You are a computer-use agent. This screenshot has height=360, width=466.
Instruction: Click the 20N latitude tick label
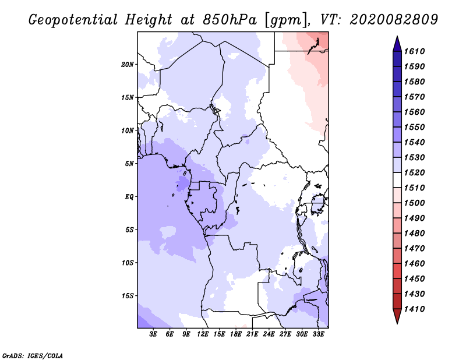(128, 64)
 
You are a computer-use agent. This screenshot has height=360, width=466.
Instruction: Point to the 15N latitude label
(128, 97)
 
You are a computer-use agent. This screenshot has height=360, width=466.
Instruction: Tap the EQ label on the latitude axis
(129, 197)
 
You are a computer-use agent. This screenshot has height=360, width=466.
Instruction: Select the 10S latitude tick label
(128, 263)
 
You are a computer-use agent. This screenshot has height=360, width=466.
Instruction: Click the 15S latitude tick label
(128, 296)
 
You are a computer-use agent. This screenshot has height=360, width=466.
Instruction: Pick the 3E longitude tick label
(154, 335)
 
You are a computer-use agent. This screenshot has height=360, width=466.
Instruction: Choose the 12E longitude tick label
(203, 335)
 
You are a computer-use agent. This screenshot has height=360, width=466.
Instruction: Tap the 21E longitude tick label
(252, 335)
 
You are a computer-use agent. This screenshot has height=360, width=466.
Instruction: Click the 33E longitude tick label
(318, 335)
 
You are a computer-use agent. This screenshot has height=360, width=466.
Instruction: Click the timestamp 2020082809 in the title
(394, 20)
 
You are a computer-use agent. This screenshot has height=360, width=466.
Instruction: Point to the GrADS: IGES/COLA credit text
(33, 355)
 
